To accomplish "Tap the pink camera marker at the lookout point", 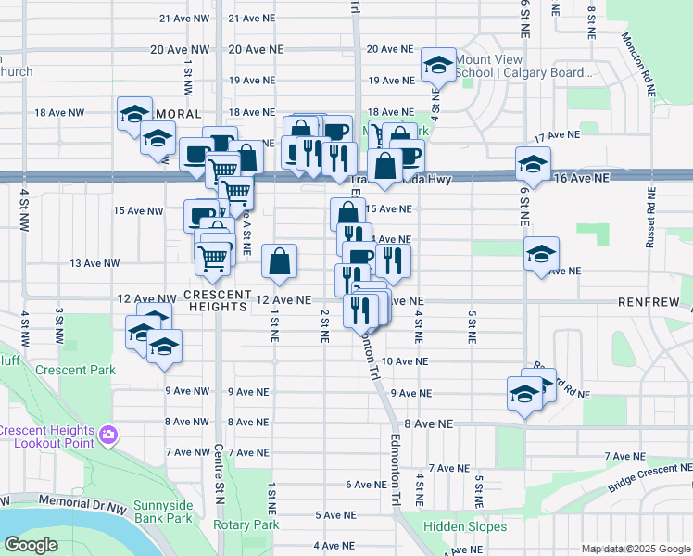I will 108,434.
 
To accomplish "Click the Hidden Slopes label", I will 466,526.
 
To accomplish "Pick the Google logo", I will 31,545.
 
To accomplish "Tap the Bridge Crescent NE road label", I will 649,478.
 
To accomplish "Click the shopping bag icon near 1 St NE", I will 280,262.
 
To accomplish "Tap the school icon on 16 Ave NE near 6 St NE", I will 534,165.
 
